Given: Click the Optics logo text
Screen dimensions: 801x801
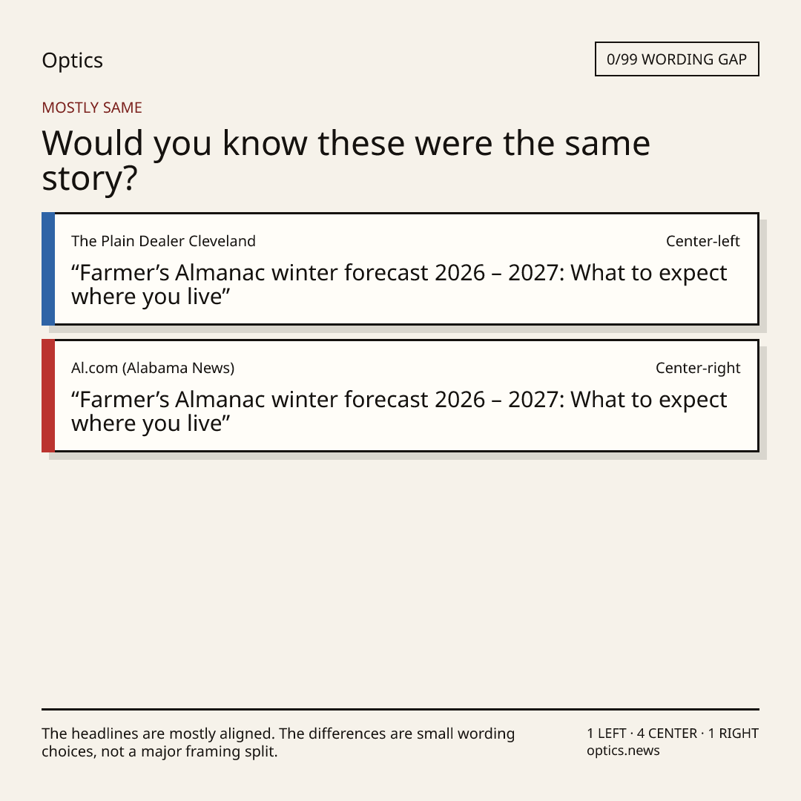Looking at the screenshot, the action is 73,61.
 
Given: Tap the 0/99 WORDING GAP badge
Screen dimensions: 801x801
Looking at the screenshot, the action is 677,59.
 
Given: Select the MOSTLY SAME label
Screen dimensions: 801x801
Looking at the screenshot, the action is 92,108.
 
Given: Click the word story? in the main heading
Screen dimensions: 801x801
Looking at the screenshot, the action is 90,179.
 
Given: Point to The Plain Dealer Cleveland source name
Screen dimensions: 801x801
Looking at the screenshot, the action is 163,241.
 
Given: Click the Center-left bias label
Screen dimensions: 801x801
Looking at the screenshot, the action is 703,241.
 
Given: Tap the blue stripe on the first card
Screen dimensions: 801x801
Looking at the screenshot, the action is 48,268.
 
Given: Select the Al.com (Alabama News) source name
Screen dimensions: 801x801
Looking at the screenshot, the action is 153,368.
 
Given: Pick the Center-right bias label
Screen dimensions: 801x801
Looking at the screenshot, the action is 698,368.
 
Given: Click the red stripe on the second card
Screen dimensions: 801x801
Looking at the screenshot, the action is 48,395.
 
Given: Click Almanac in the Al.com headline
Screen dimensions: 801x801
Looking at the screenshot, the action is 221,400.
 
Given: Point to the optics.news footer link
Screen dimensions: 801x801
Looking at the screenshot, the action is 623,751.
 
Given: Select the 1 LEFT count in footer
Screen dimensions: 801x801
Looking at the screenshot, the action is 607,734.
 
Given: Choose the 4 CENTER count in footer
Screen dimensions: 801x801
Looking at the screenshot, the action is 667,734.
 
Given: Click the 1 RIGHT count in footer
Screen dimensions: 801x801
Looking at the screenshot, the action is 733,734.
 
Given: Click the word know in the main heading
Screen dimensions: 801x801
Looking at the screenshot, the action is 265,143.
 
